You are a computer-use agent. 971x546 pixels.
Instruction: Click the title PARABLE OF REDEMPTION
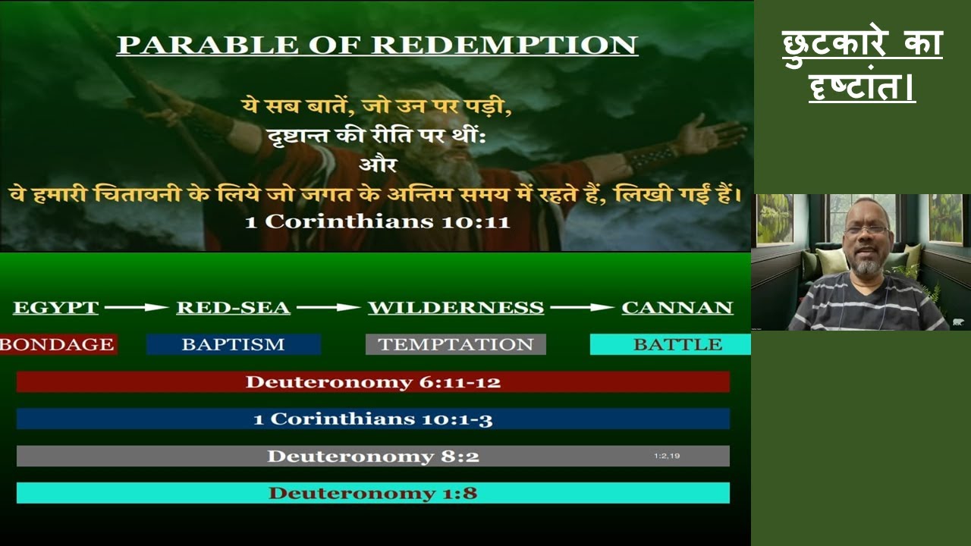(x=377, y=45)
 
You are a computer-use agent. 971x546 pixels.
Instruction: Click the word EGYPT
(x=56, y=308)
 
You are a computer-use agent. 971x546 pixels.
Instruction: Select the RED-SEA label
(x=233, y=308)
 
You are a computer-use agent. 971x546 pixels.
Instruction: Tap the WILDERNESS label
(x=455, y=308)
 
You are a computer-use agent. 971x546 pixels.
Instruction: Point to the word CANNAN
(x=677, y=308)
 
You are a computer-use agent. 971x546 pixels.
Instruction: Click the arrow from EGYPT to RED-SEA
(x=137, y=308)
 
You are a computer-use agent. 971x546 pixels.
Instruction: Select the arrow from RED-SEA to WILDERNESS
(x=328, y=308)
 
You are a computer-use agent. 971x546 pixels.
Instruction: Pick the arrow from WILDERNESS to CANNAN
(x=582, y=308)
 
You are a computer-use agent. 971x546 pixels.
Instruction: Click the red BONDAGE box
(x=58, y=344)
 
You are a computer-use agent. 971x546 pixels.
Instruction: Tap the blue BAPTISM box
(x=233, y=344)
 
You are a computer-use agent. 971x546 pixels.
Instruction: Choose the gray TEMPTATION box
(x=455, y=344)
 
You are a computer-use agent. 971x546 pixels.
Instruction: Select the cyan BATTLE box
(x=671, y=344)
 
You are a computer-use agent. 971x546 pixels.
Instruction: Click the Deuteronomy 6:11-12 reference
(x=373, y=381)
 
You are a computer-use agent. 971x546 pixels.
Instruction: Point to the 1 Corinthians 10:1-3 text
(x=373, y=419)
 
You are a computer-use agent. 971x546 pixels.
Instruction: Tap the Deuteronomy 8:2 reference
(x=373, y=456)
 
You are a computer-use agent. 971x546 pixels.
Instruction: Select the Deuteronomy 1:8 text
(x=373, y=493)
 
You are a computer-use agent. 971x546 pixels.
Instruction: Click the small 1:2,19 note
(x=667, y=456)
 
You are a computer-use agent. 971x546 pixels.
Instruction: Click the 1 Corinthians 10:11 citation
(x=377, y=222)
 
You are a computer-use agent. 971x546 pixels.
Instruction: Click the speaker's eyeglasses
(x=866, y=230)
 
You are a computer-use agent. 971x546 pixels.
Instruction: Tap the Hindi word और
(x=377, y=163)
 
